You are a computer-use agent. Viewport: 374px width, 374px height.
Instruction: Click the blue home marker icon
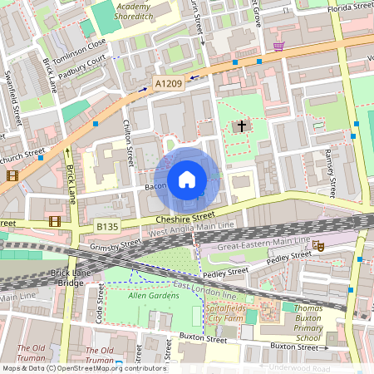pyautogui.click(x=187, y=179)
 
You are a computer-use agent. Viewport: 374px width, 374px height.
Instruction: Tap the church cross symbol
pyautogui.click(x=242, y=126)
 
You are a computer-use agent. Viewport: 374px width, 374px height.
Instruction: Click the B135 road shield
pyautogui.click(x=106, y=226)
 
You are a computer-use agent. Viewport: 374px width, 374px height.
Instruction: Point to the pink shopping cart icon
pyautogui.click(x=278, y=47)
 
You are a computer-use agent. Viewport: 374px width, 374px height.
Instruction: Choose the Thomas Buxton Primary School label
pyautogui.click(x=308, y=322)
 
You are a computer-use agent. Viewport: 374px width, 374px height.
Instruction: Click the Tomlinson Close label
pyautogui.click(x=79, y=50)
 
